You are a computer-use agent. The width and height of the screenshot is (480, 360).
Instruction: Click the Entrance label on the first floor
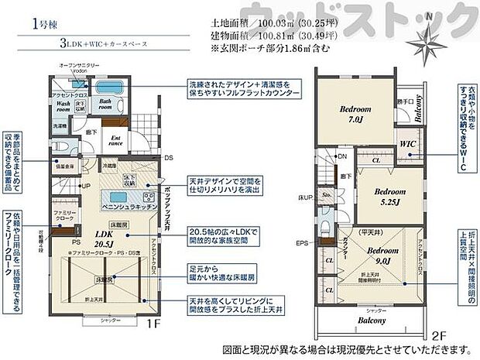[115, 140]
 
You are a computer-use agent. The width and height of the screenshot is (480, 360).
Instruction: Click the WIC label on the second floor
[410, 145]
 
